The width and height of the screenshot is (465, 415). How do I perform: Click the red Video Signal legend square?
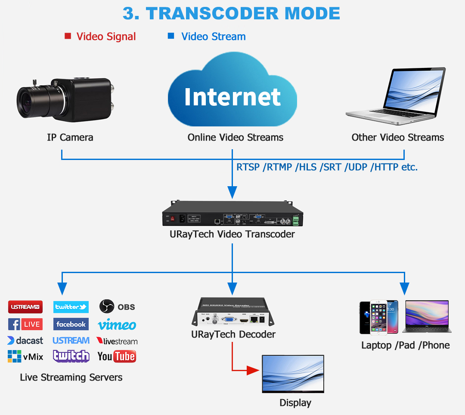[68, 36]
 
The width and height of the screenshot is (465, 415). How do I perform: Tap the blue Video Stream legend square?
[171, 36]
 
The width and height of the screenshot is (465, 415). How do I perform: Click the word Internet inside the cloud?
[232, 97]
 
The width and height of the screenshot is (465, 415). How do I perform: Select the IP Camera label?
[70, 138]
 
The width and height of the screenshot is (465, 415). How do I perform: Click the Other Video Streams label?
[397, 138]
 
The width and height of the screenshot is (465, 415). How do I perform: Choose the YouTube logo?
[116, 356]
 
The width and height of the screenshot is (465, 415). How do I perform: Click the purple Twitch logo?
[71, 356]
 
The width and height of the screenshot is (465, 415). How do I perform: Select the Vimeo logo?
[117, 325]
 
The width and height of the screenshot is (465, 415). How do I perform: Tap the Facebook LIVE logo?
[25, 324]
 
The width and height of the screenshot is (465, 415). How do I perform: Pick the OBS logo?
[117, 307]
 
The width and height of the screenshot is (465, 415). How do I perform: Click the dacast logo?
[25, 341]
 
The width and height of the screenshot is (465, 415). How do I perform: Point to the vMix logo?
[25, 357]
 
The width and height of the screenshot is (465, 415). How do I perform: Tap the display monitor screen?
[293, 373]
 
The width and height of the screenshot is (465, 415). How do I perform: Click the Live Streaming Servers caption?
[71, 378]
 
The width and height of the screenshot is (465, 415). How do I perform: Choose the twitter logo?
[71, 307]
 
